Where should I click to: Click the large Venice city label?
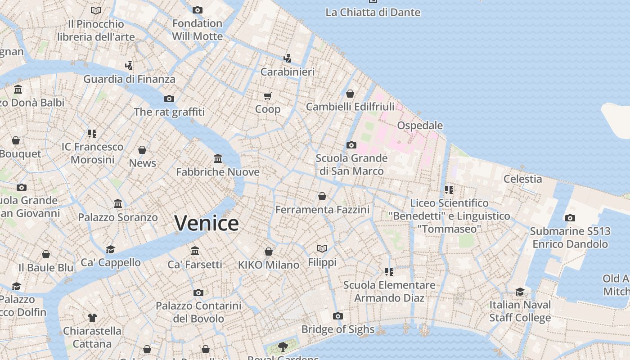(207, 223)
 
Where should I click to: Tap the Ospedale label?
(420, 126)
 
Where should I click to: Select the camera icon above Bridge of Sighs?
(338, 316)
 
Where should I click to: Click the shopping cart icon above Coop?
(268, 96)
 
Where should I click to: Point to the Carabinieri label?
(288, 72)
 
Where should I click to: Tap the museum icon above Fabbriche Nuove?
(218, 158)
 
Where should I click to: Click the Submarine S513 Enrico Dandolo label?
(570, 238)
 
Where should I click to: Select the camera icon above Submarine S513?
(570, 218)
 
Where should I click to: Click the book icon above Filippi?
(322, 248)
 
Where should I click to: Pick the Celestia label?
(522, 179)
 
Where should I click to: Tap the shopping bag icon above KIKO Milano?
(269, 252)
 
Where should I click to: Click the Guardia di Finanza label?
(129, 79)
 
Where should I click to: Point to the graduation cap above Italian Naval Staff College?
(520, 292)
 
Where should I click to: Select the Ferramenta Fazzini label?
(322, 210)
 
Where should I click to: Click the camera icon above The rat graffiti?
(169, 99)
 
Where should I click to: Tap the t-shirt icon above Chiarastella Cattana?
(92, 318)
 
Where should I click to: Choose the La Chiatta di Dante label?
(373, 12)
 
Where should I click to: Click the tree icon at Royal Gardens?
(283, 346)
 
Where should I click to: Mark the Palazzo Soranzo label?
(118, 217)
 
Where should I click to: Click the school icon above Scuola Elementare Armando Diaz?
(389, 271)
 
